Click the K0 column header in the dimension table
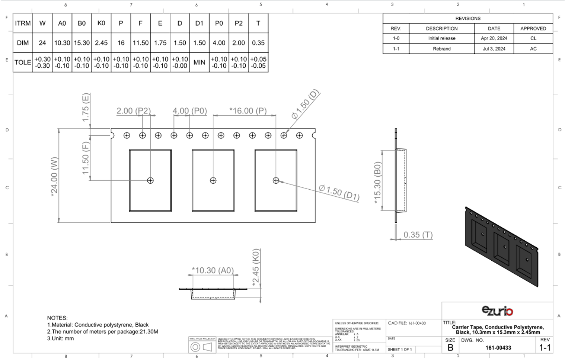pos(101,23)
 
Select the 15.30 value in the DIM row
pos(82,43)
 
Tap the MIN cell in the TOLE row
pos(199,62)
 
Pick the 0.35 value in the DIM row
pos(258,43)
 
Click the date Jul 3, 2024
pos(494,49)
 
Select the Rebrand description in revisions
pos(442,49)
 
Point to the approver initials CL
pos(533,38)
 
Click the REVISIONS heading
pos(468,18)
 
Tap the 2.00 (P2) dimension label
pos(133,111)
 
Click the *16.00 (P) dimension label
pos(248,111)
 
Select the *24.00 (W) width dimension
pos(54,177)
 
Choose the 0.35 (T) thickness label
pos(418,235)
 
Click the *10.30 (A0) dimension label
pos(213,270)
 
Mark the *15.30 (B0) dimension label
pos(377,183)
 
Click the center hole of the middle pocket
pos(213,180)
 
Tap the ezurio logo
pos(497,311)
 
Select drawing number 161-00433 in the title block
pos(498,348)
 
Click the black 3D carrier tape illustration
pos(501,247)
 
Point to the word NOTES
pos(57,318)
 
